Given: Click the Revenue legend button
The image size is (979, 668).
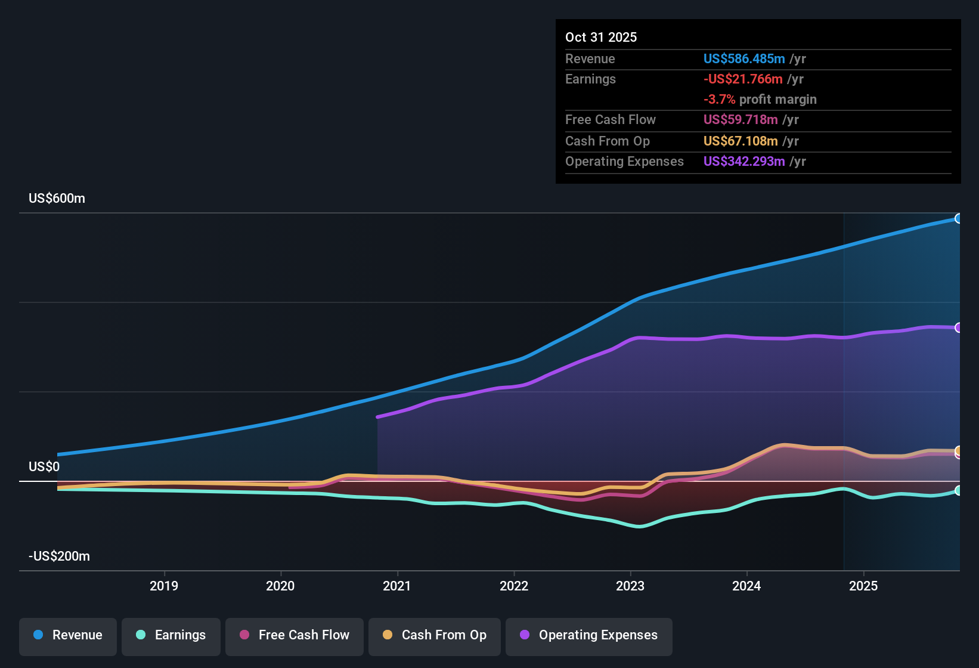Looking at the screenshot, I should [x=68, y=635].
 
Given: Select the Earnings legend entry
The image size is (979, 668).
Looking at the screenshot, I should [x=171, y=635].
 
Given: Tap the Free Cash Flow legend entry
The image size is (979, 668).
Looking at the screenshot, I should [x=295, y=635].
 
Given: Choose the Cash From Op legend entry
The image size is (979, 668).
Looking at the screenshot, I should [x=435, y=635].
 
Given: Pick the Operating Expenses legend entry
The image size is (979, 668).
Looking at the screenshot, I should [x=589, y=635].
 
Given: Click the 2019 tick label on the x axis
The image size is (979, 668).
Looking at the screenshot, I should [x=164, y=586].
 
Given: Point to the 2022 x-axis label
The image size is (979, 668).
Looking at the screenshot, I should [x=514, y=586].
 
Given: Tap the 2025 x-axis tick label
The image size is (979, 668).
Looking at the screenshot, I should [x=863, y=586].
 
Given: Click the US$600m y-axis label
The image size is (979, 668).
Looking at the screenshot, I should [x=57, y=198].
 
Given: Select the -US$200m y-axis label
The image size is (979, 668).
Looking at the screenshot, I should [x=59, y=556].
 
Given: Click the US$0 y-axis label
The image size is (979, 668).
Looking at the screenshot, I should [x=44, y=466].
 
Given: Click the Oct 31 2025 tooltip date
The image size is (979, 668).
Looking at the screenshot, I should [x=601, y=37].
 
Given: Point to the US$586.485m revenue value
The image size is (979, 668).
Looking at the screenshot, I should [x=743, y=58].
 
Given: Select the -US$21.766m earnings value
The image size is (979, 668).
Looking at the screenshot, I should [x=743, y=79].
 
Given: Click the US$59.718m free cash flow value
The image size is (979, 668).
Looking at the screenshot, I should [x=741, y=119].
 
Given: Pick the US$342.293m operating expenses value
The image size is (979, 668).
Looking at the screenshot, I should [x=743, y=161].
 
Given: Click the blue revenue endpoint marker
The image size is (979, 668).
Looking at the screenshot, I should [x=958, y=218].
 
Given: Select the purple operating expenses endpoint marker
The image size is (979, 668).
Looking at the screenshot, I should [x=958, y=327].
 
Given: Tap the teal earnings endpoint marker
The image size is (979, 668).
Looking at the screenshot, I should [x=958, y=490].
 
